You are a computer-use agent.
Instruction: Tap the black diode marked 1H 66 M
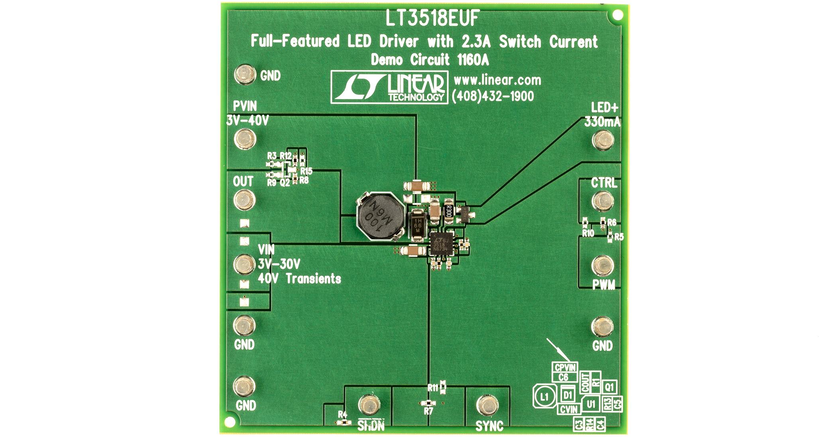coord(417,226)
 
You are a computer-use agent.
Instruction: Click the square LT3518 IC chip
coord(441,244)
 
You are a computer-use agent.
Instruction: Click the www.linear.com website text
coord(497,80)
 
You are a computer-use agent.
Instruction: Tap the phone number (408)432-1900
coord(493,96)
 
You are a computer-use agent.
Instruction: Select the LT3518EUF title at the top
coord(432,19)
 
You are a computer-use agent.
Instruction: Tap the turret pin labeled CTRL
coord(603,201)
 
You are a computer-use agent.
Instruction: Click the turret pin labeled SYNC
coord(487,405)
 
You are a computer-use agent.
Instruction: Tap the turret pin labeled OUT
coord(244,200)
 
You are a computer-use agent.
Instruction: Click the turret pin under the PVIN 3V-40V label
coord(245,139)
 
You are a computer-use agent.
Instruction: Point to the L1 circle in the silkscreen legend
coord(545,397)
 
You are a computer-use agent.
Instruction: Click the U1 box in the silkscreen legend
coord(591,404)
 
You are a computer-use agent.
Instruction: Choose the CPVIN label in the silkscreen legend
coord(565,367)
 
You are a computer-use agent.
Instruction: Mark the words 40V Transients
coord(299,279)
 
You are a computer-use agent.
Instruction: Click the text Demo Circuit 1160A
coord(430,60)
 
